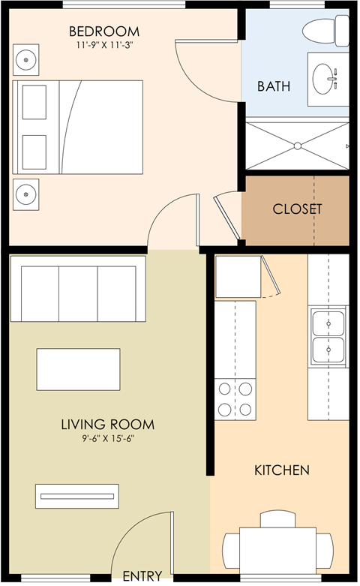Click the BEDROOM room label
click(x=104, y=32)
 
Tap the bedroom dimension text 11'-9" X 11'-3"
click(x=104, y=46)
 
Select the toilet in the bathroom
click(x=325, y=31)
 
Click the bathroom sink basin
click(x=322, y=79)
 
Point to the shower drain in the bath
click(x=297, y=146)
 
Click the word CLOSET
click(x=297, y=209)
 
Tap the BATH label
click(x=274, y=86)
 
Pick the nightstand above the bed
click(x=25, y=60)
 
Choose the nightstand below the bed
click(x=25, y=195)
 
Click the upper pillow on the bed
click(x=34, y=102)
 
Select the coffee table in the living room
click(x=79, y=369)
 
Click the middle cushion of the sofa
click(x=79, y=293)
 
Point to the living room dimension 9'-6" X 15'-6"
click(x=108, y=438)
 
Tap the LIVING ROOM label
click(x=108, y=425)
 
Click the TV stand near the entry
click(x=77, y=496)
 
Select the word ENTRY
click(x=142, y=576)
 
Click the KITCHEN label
click(x=282, y=470)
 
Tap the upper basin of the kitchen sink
click(x=328, y=323)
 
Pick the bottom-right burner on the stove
click(x=245, y=410)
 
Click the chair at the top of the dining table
click(x=277, y=519)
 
